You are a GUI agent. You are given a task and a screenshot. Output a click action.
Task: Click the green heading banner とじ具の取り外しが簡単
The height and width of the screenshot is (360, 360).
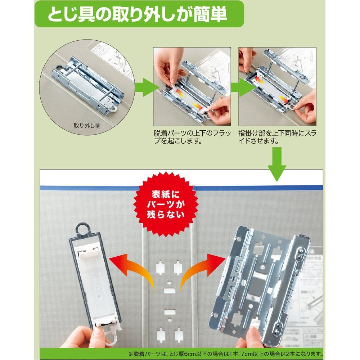click(x=139, y=14)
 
